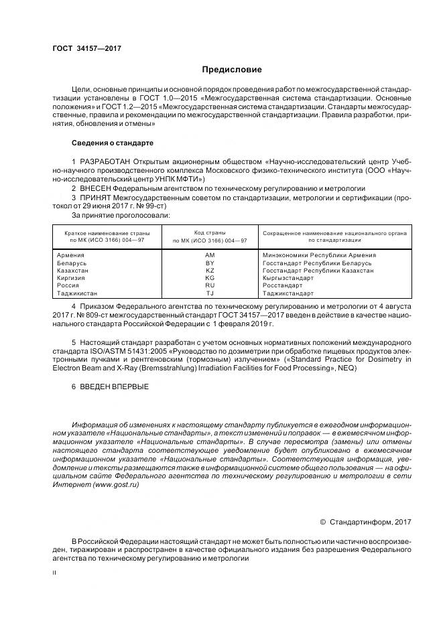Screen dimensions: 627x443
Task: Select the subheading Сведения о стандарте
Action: tap(113, 143)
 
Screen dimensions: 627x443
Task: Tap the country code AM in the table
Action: tap(210, 255)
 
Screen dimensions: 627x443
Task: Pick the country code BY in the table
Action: tap(210, 263)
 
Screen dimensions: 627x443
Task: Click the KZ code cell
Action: tap(210, 271)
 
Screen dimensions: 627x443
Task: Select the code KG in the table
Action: tap(210, 278)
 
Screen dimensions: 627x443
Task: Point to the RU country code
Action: tap(210, 285)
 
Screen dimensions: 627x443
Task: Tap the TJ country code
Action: tap(210, 293)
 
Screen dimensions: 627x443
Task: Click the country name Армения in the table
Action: tap(71, 255)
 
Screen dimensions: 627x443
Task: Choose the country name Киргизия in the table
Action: tap(72, 278)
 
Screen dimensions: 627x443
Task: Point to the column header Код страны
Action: tap(210, 231)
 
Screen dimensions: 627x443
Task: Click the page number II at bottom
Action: tap(54, 573)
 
